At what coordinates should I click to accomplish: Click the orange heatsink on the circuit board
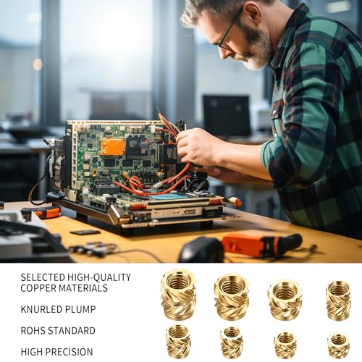(x=113, y=147)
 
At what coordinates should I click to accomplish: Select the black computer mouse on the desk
(x=201, y=250)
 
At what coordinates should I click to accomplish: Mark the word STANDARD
(x=72, y=331)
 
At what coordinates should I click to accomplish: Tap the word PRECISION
(x=69, y=352)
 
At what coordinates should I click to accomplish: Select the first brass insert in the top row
(x=178, y=294)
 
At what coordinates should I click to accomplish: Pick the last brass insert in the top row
(x=338, y=300)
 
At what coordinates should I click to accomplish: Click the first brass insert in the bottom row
(x=178, y=341)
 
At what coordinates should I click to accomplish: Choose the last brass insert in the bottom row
(x=338, y=345)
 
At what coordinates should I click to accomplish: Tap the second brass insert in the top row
(x=231, y=296)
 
